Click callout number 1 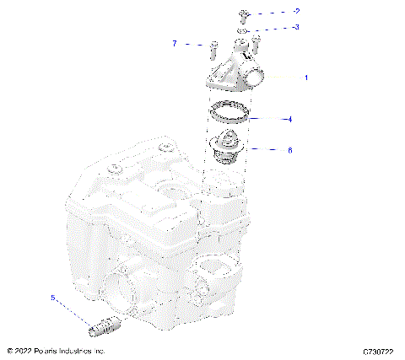coord(306,77)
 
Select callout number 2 coord(296,12)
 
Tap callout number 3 coord(296,27)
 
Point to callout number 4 coord(289,120)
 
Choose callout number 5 coord(52,298)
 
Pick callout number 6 coord(289,151)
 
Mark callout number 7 coord(175,43)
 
